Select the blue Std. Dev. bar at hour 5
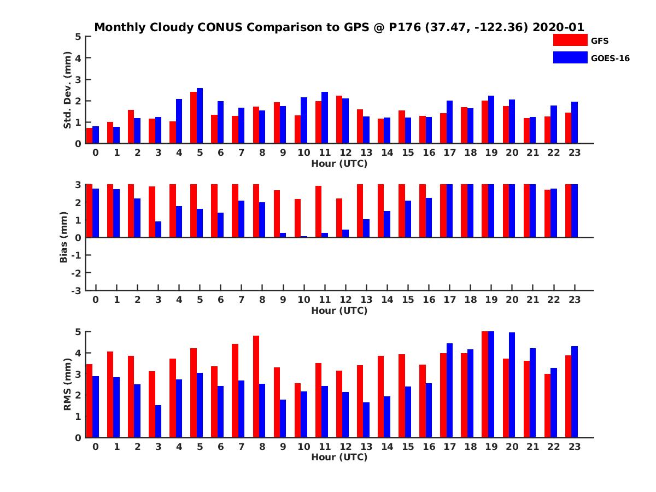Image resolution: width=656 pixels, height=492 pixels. [200, 116]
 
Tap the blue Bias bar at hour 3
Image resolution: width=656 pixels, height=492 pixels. [158, 230]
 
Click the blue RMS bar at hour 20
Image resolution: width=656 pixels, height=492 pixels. [512, 385]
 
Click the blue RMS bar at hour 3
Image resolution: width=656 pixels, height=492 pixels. [158, 421]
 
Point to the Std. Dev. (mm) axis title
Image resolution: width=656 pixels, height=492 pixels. [68, 90]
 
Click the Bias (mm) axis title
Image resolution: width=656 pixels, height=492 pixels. [64, 237]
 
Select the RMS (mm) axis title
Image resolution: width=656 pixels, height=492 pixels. [68, 384]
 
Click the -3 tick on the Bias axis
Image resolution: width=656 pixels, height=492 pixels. [77, 290]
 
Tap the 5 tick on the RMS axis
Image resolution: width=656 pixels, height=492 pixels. [79, 331]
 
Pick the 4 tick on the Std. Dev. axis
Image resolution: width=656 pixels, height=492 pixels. [79, 58]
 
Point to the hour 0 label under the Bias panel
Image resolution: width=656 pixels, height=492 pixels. [96, 300]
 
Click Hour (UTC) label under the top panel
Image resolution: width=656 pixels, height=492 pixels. [339, 163]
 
